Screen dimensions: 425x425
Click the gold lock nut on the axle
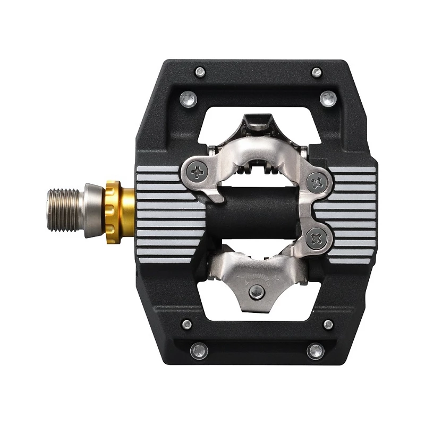(113, 211)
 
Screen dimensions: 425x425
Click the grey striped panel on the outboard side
(351, 212)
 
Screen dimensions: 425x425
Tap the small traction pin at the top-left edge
(200, 71)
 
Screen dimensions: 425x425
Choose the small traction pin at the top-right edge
(317, 72)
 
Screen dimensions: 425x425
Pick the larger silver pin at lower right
(315, 351)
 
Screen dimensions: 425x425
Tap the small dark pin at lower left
(186, 324)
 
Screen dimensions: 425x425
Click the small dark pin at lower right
(328, 324)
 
